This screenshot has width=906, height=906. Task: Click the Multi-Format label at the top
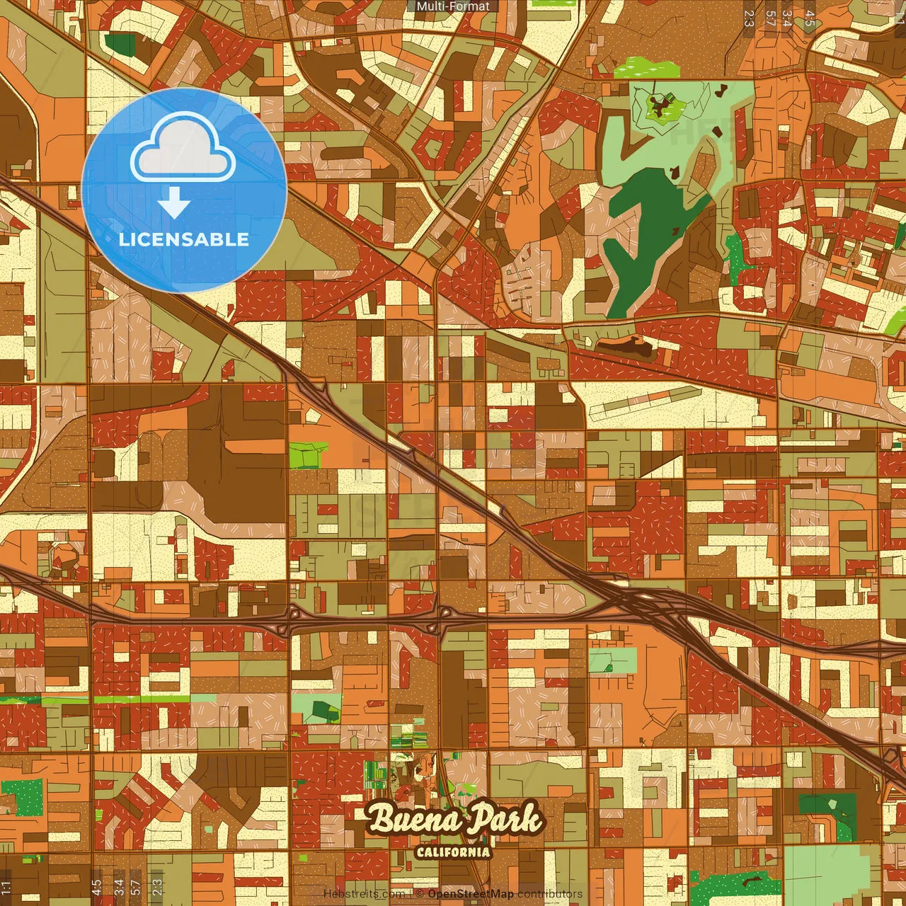(x=452, y=6)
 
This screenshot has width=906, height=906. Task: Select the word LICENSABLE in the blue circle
(x=184, y=239)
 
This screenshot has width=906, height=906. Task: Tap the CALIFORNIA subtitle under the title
(x=453, y=851)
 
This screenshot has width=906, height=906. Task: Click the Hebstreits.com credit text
(x=354, y=894)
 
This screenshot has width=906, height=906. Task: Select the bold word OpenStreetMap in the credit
(x=470, y=894)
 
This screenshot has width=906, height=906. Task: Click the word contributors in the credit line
(x=549, y=894)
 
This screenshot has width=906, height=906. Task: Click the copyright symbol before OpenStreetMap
(x=420, y=894)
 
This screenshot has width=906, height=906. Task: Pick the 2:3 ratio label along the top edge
(x=749, y=18)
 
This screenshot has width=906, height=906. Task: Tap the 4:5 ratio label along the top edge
(x=810, y=18)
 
